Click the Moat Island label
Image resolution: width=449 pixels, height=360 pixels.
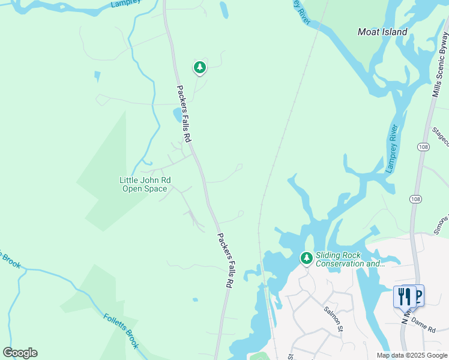(382, 32)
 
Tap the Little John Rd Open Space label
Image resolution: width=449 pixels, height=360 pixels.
(145, 184)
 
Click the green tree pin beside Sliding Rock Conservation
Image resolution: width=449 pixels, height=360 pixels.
(307, 259)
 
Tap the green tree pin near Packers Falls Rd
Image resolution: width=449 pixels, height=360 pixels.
(199, 67)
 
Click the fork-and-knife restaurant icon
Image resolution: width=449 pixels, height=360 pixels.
(405, 296)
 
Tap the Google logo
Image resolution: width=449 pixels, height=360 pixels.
(20, 352)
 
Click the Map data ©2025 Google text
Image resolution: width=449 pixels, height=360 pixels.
(412, 355)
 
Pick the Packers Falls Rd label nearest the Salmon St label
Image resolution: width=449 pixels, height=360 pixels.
(224, 262)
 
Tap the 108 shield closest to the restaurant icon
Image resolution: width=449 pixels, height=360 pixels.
(415, 199)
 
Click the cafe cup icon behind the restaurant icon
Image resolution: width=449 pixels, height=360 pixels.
(418, 294)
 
